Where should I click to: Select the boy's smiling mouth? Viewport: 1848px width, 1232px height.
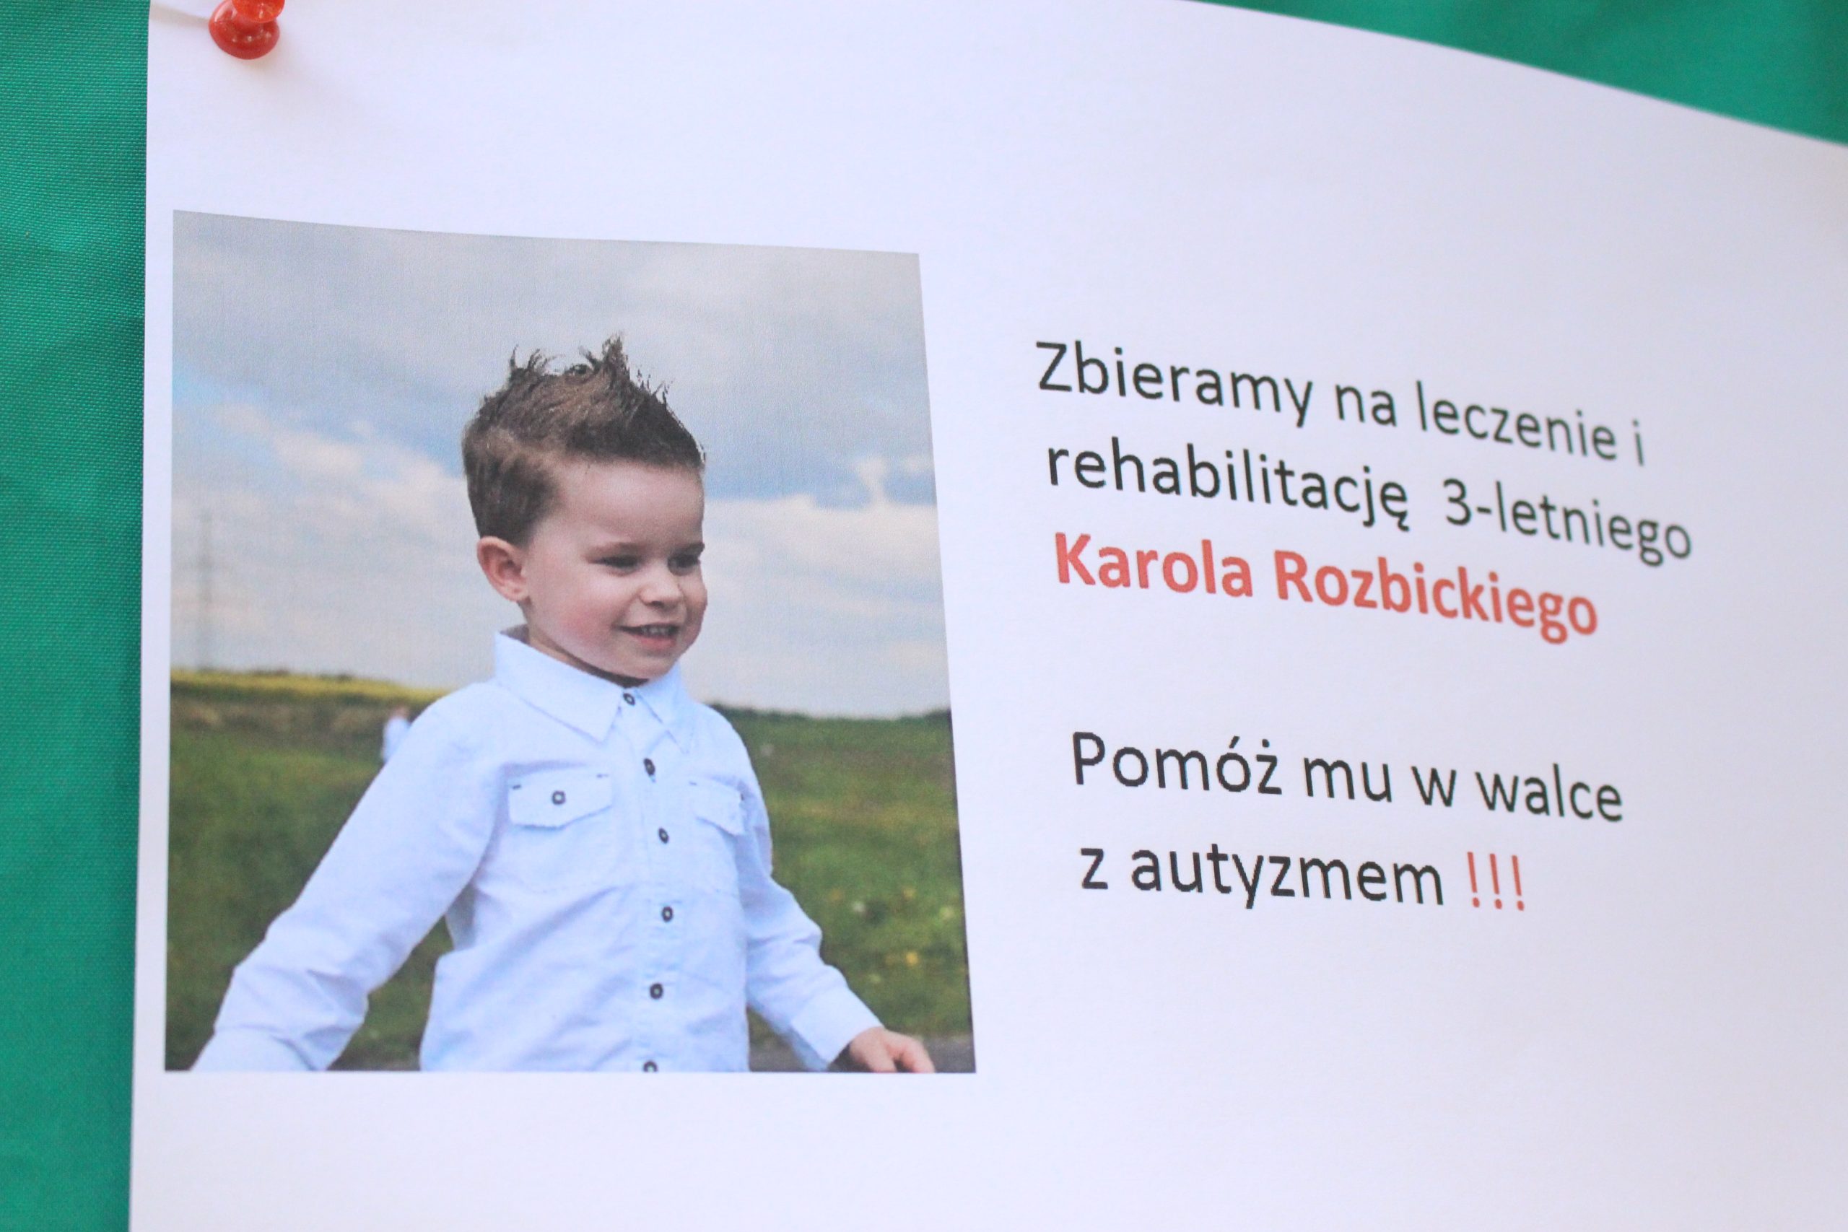click(x=655, y=632)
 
